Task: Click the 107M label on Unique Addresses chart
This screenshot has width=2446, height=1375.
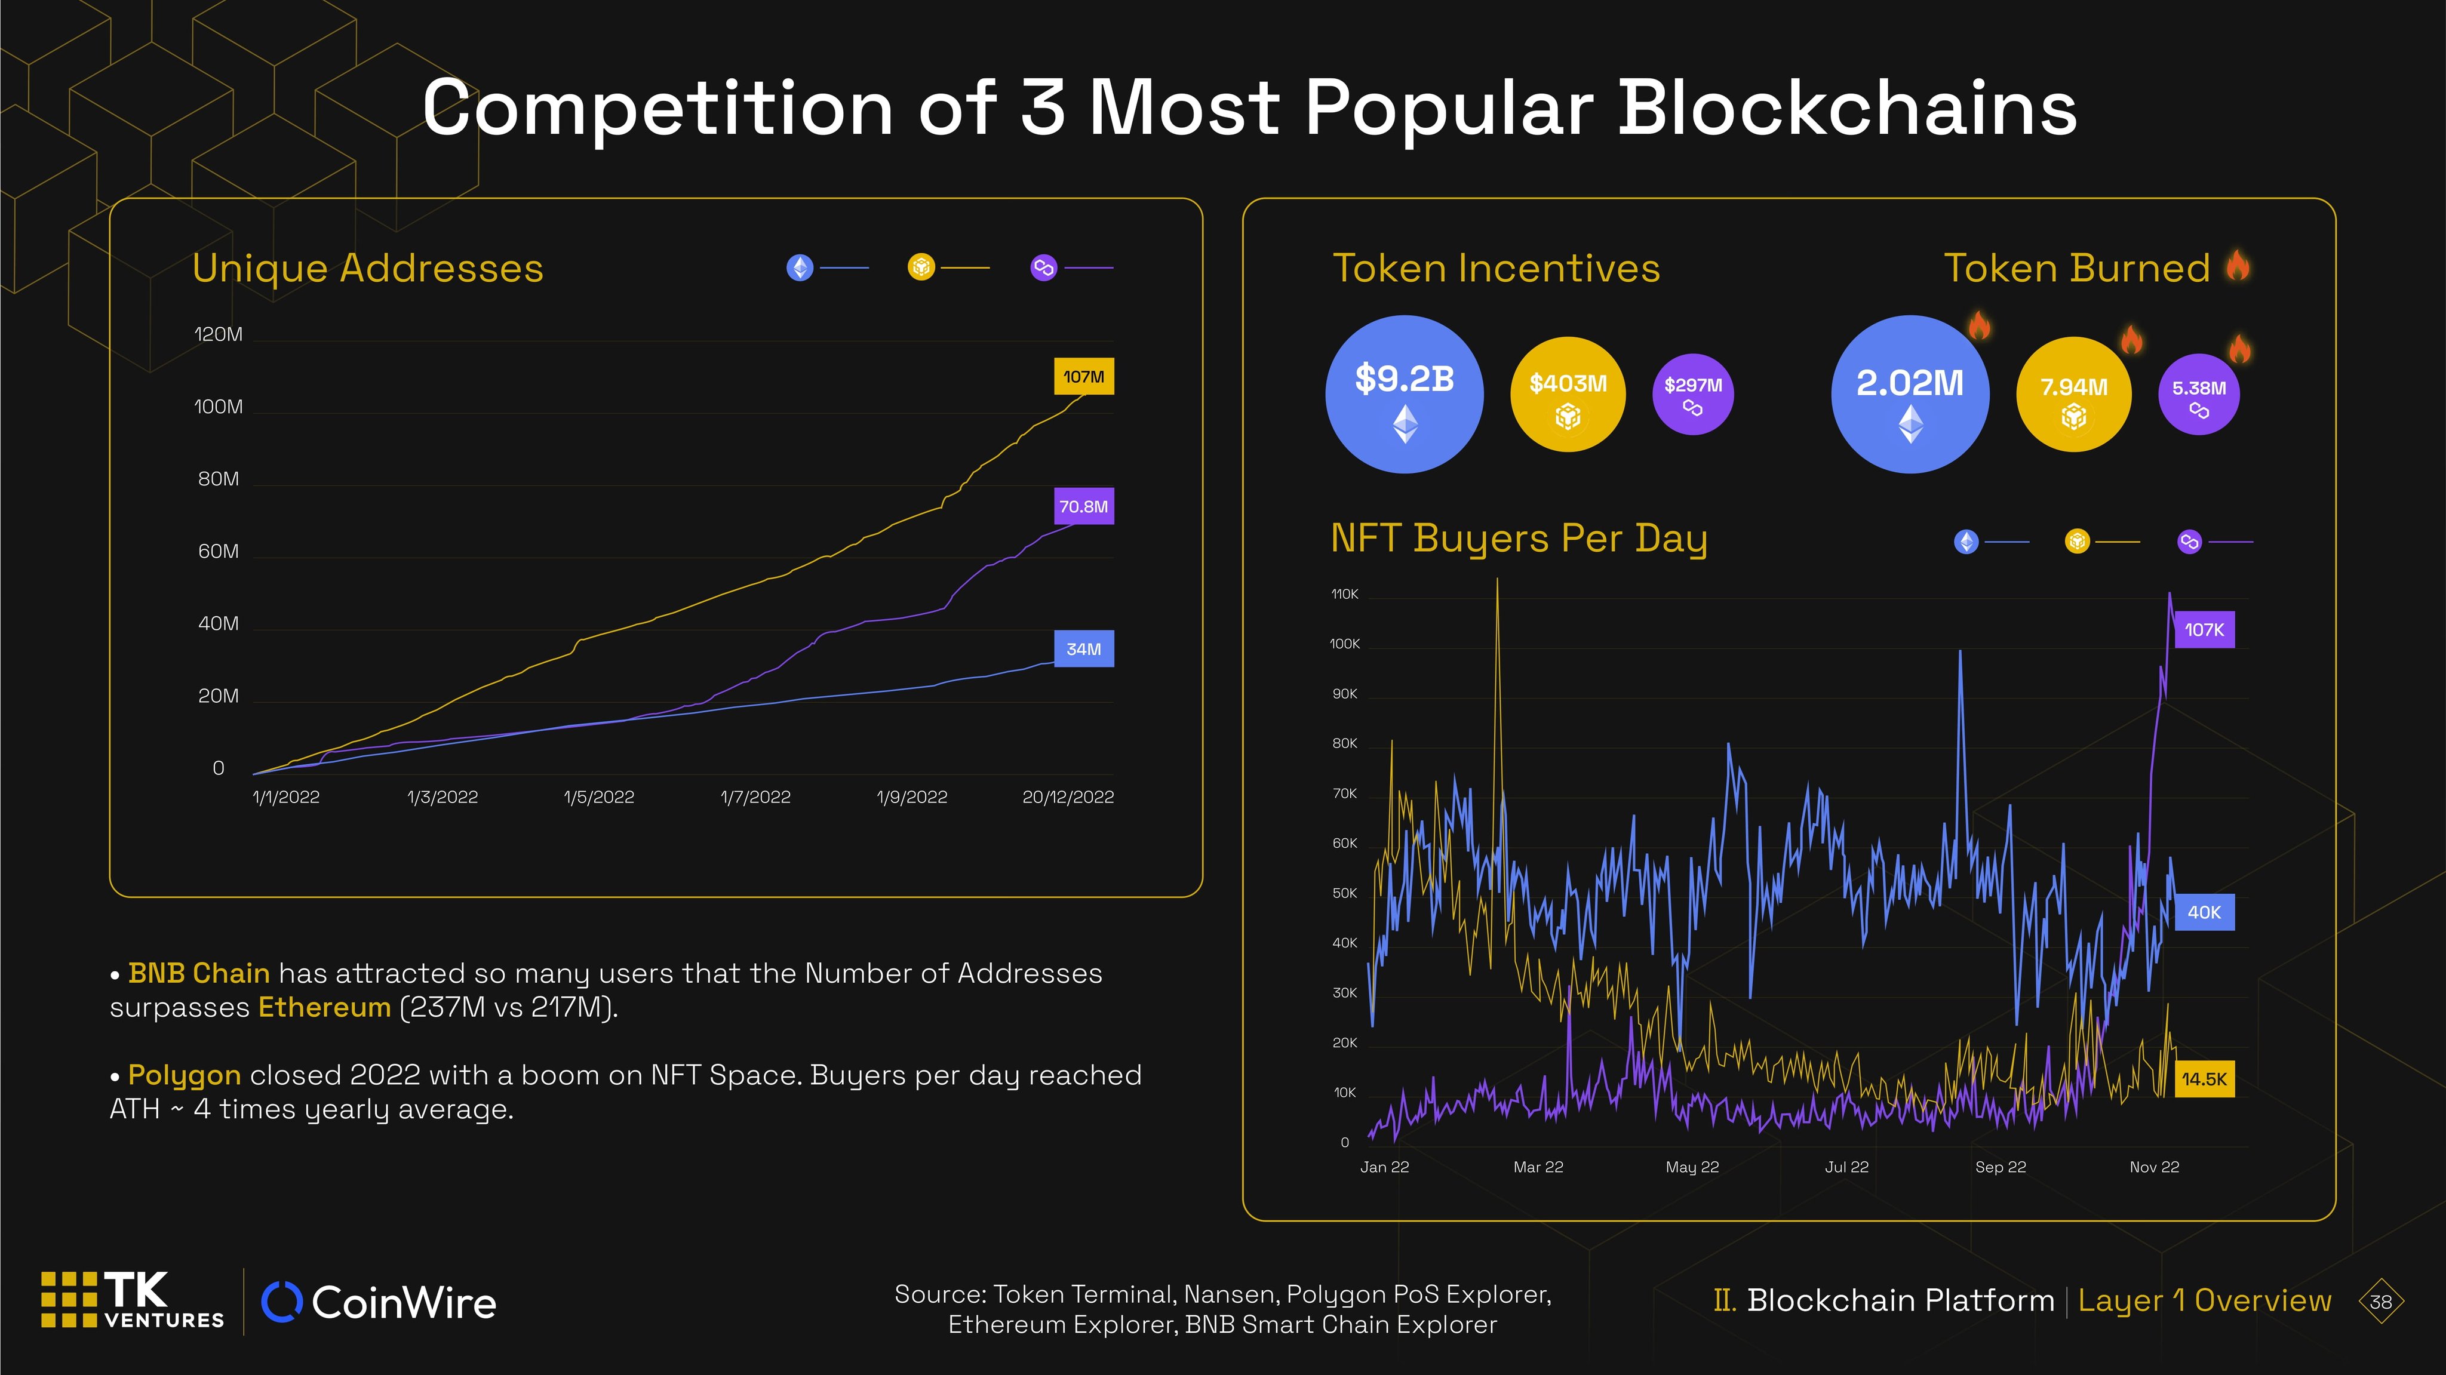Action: tap(1083, 377)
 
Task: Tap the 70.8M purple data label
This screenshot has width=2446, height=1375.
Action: tap(1083, 507)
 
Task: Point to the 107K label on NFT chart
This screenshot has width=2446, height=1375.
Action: tap(2204, 629)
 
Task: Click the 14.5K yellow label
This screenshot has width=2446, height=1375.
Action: tap(2204, 1079)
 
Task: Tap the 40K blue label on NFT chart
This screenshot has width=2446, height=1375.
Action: tap(2204, 912)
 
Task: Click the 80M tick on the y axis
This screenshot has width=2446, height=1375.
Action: tap(219, 479)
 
